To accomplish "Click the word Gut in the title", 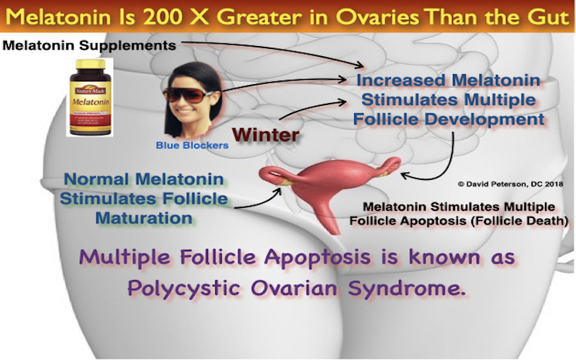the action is (x=549, y=17).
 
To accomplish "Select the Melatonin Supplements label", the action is (x=89, y=45).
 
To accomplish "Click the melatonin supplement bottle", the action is (x=90, y=97).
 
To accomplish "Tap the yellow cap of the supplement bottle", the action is (x=90, y=64).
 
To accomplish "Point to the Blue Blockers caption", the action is (x=192, y=145).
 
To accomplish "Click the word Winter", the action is (x=266, y=135).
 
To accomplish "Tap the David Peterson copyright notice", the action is (x=510, y=184).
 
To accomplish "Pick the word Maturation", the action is (x=143, y=218).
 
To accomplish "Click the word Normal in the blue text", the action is (x=97, y=179).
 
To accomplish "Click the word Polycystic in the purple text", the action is (x=184, y=288).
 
